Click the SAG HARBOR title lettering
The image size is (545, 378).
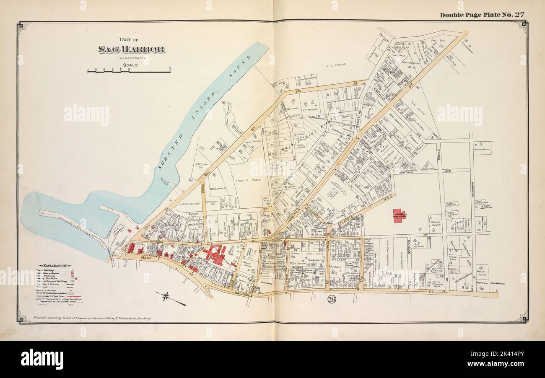click(x=131, y=49)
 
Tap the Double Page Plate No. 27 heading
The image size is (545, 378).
click(x=482, y=15)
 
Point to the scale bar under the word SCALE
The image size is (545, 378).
click(x=129, y=70)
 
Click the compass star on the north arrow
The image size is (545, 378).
click(x=166, y=296)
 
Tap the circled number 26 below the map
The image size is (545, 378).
click(x=332, y=299)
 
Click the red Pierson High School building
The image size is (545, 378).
click(x=399, y=215)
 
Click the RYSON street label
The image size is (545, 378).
click(x=193, y=214)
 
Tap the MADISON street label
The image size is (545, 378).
click(x=242, y=294)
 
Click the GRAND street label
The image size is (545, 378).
click(x=439, y=154)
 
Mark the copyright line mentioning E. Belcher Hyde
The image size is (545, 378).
click(x=91, y=318)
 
